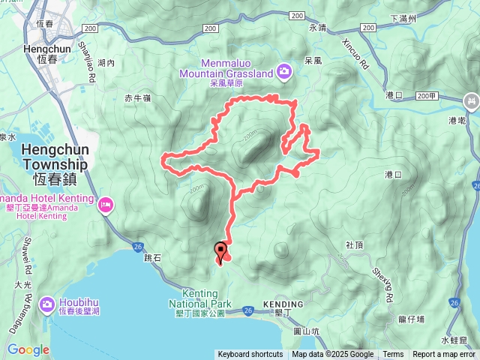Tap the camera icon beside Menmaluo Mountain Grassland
tap(284, 72)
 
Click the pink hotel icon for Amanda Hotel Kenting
tap(106, 203)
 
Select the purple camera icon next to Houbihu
tap(46, 304)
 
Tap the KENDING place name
tap(283, 304)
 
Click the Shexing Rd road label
tap(382, 283)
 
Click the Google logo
tap(28, 349)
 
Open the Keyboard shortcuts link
tap(250, 355)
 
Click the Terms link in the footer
tap(393, 355)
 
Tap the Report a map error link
tap(444, 355)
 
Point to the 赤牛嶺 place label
tap(138, 97)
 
